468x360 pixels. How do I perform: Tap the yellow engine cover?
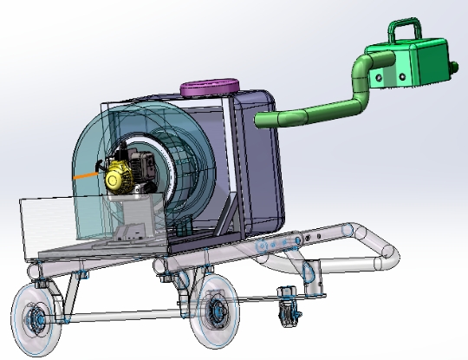(x=118, y=177)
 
